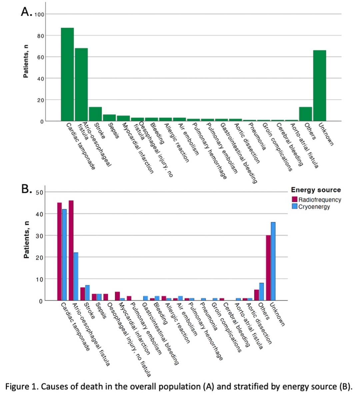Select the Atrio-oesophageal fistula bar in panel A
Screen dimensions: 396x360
[81, 85]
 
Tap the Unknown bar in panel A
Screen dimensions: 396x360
[319, 86]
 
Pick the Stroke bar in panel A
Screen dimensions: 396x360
[95, 114]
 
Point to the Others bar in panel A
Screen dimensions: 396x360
[305, 114]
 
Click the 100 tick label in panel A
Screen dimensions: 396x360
[39, 14]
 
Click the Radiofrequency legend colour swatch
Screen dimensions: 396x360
[295, 200]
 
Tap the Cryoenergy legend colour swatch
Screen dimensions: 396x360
[295, 207]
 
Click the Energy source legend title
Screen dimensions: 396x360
[316, 190]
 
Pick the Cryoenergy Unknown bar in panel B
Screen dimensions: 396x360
[273, 261]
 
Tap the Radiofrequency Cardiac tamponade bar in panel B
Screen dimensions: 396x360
[59, 252]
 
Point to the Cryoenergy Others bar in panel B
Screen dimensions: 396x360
[261, 292]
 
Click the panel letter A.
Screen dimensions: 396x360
[26, 12]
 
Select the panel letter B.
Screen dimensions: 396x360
[26, 189]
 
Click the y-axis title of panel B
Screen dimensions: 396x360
[26, 240]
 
